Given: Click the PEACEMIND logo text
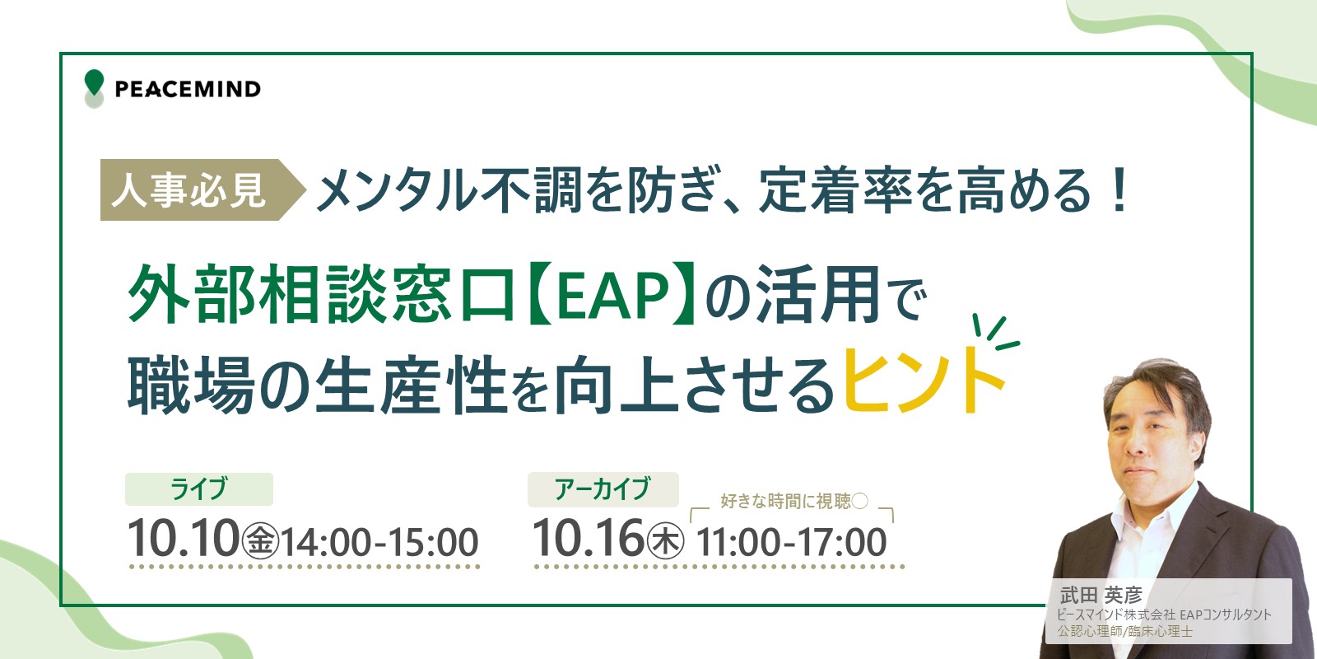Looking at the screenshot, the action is [188, 90].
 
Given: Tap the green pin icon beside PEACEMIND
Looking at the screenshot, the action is [94, 82].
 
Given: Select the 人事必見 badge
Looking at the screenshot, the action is [202, 190].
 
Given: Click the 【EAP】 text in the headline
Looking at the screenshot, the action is [611, 293].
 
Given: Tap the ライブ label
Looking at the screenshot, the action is [198, 489].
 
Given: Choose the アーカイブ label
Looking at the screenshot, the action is [603, 489].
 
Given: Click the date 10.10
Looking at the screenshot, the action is [183, 539].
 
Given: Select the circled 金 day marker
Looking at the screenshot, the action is [260, 541].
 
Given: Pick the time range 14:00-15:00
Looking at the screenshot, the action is [380, 542].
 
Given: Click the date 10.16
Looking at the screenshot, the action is [588, 538].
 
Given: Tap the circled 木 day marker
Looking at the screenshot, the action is [666, 541].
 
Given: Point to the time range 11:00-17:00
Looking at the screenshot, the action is [791, 542].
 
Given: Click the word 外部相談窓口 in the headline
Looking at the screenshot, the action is [321, 293].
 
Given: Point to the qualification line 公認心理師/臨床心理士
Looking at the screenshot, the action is [1125, 631].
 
